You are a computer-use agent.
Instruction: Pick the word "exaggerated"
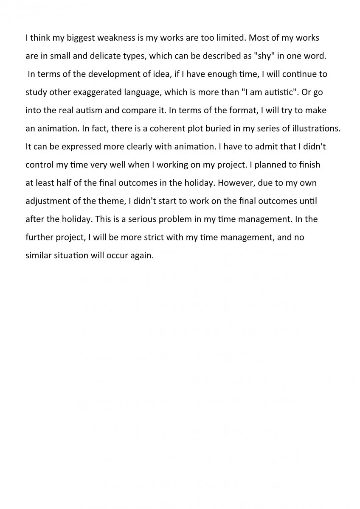(x=95, y=92)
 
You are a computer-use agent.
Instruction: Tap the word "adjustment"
(x=47, y=201)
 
